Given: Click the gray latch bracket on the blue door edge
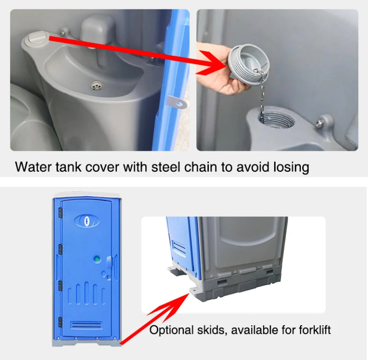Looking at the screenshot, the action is tap(177, 102).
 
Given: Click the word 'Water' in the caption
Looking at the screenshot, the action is tap(33, 167).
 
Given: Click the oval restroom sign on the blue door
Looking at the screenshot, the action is tap(87, 221).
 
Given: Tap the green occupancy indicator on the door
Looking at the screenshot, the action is tap(97, 259).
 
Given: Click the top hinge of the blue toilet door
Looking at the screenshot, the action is tap(61, 213).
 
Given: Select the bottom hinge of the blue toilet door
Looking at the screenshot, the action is tap(60, 322).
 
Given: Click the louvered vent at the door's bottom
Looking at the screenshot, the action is tap(86, 325).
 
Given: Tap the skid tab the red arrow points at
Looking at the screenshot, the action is tap(195, 291).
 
